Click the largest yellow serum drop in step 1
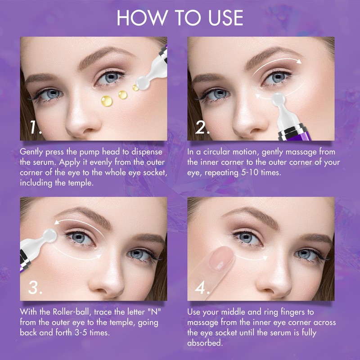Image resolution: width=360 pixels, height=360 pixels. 105,100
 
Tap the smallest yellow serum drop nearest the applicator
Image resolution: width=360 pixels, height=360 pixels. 135,88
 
